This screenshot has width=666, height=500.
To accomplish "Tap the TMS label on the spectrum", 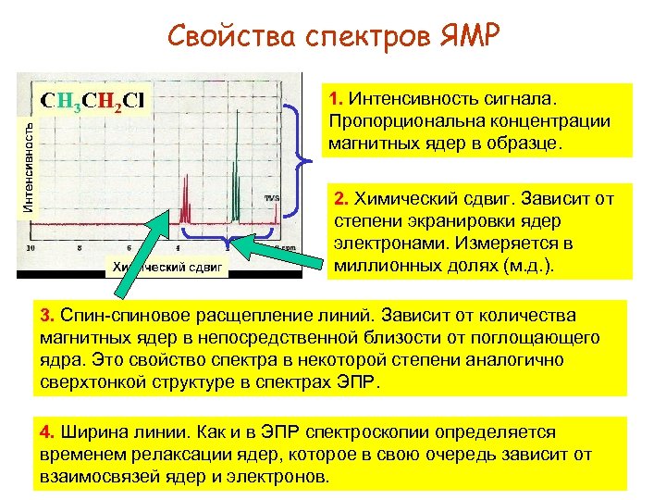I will tap(272, 198).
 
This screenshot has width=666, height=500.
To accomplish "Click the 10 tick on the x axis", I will tap(31, 248).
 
